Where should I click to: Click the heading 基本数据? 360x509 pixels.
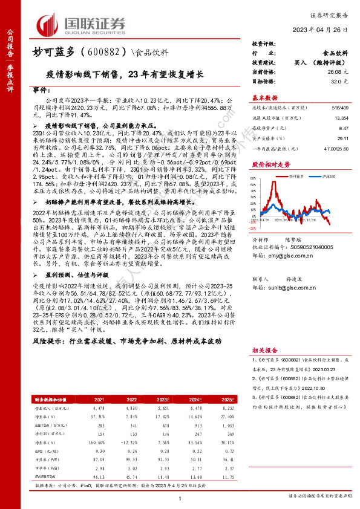click(x=265, y=97)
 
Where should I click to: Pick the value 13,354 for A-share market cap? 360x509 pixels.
click(x=341, y=118)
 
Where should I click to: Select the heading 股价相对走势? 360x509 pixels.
click(x=270, y=163)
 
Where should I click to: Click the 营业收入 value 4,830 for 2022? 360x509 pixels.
click(x=129, y=425)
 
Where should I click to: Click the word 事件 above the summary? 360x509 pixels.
click(x=41, y=89)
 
